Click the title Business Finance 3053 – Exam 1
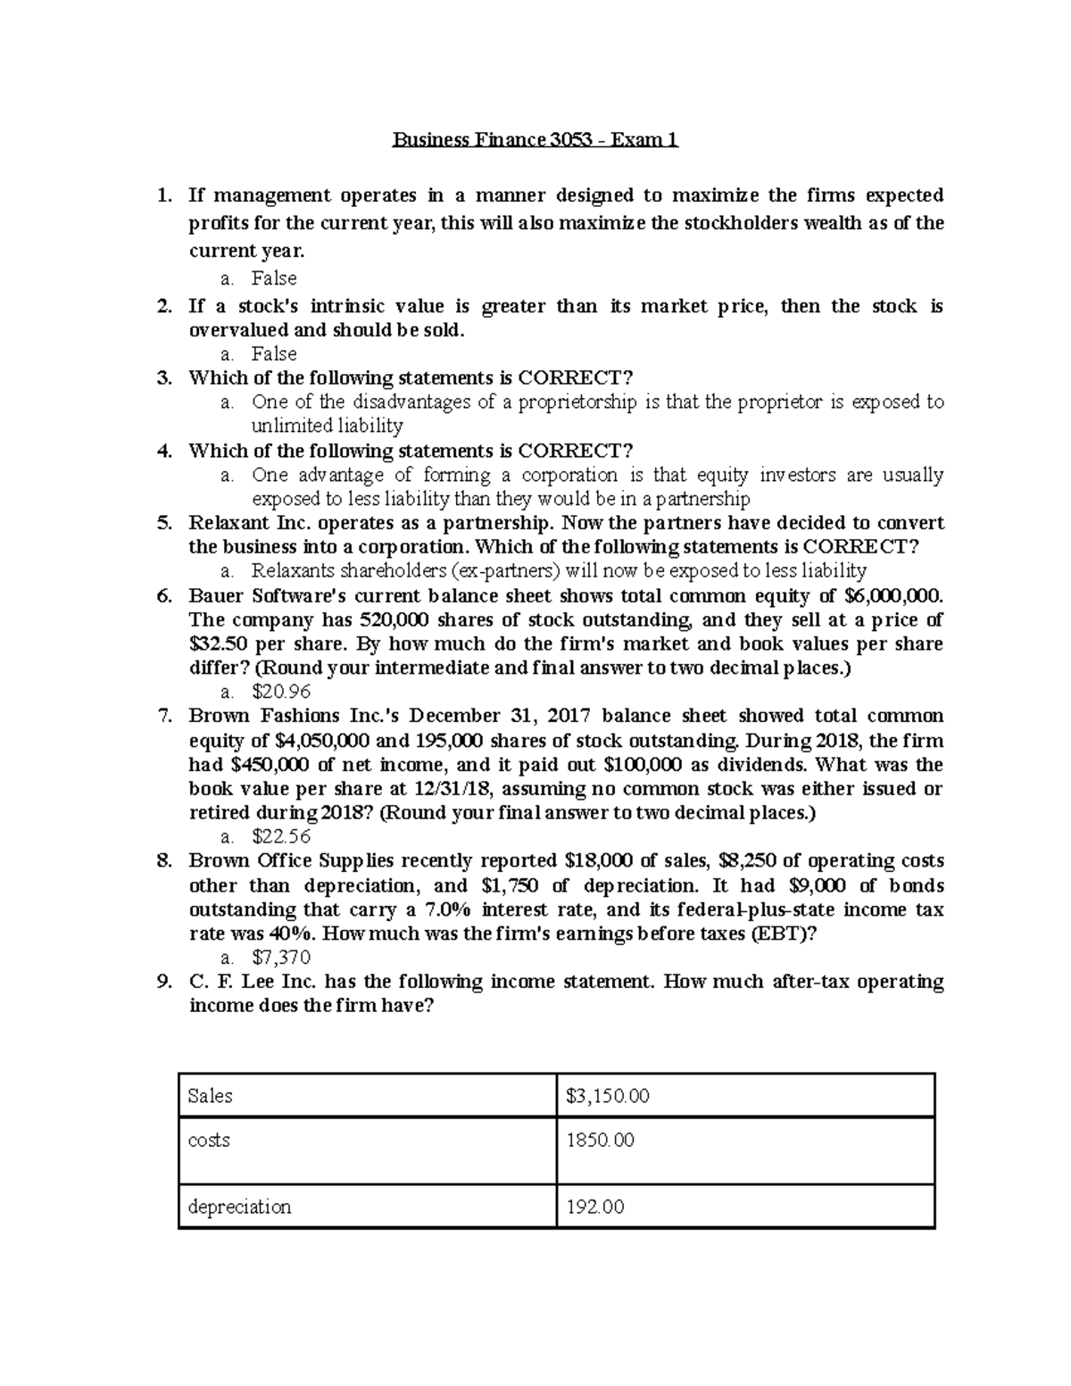tap(535, 140)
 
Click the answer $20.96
tap(281, 692)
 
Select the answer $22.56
tap(281, 836)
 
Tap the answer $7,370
tap(281, 958)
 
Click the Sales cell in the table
tap(211, 1096)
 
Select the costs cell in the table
tap(210, 1141)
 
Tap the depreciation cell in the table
tap(239, 1207)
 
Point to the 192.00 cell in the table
tap(595, 1207)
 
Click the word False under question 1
tap(274, 278)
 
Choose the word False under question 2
tap(274, 354)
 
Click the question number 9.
tap(163, 982)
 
